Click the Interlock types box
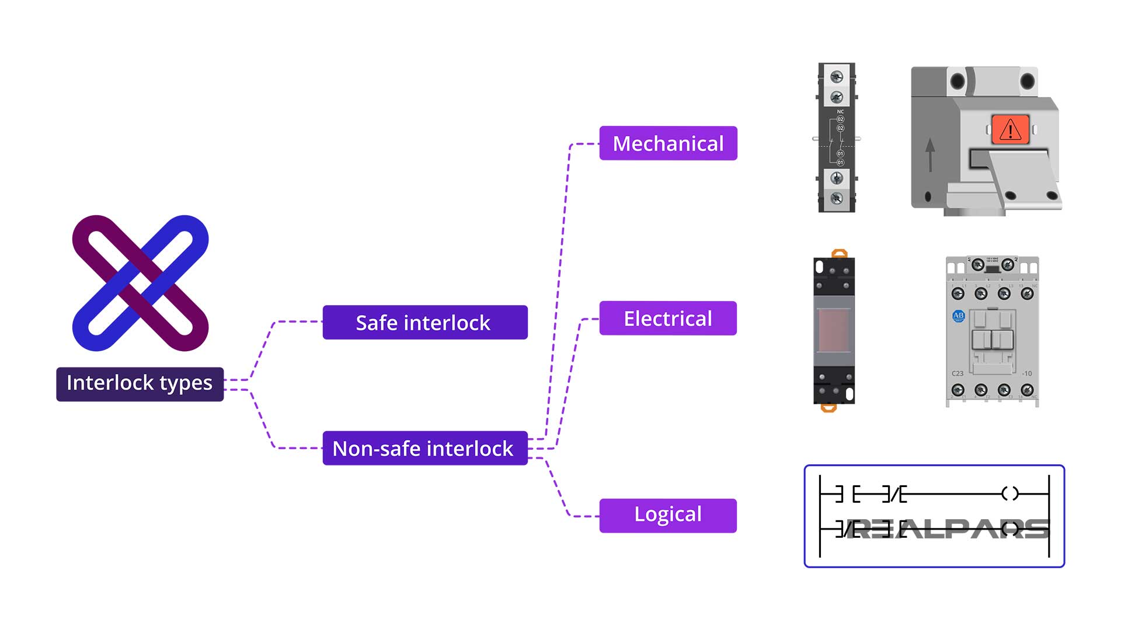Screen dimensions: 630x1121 point(140,384)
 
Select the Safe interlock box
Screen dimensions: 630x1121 point(424,322)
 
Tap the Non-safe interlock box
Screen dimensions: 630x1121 point(424,448)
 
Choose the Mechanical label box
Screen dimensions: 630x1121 point(668,143)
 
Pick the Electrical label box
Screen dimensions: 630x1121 point(668,318)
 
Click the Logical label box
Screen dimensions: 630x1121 point(668,515)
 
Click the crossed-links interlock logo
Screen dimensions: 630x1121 point(140,283)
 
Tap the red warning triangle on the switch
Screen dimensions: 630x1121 point(1010,130)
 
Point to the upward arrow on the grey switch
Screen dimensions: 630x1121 point(930,154)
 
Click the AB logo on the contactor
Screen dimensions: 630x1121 point(958,316)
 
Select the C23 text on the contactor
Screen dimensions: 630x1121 point(958,373)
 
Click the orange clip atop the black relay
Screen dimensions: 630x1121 point(839,253)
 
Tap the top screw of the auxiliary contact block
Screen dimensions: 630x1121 point(837,77)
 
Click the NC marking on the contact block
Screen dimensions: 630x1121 point(840,111)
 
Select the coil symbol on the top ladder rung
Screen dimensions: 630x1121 point(1009,494)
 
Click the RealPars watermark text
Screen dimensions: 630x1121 point(946,529)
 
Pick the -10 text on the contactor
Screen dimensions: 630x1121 point(1026,373)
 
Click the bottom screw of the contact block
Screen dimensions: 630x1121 point(837,198)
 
